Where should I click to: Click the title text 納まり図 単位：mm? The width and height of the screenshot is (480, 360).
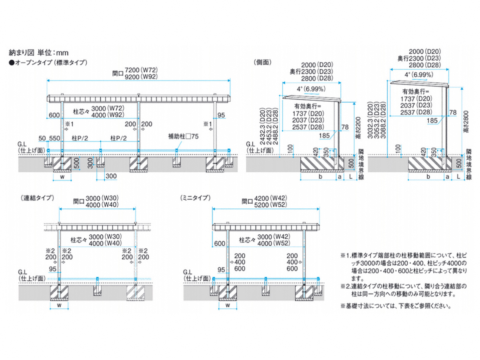coord(39,52)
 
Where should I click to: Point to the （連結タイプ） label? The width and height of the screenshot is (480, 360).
coord(36,198)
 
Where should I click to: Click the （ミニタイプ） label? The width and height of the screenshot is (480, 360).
coord(195,198)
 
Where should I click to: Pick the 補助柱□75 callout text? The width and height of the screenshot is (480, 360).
coord(183,136)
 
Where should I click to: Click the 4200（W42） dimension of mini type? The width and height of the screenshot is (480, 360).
coord(271,198)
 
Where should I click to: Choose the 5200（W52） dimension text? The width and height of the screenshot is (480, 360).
coord(271,205)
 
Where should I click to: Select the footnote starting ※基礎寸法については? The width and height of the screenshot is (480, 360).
coord(396,307)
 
